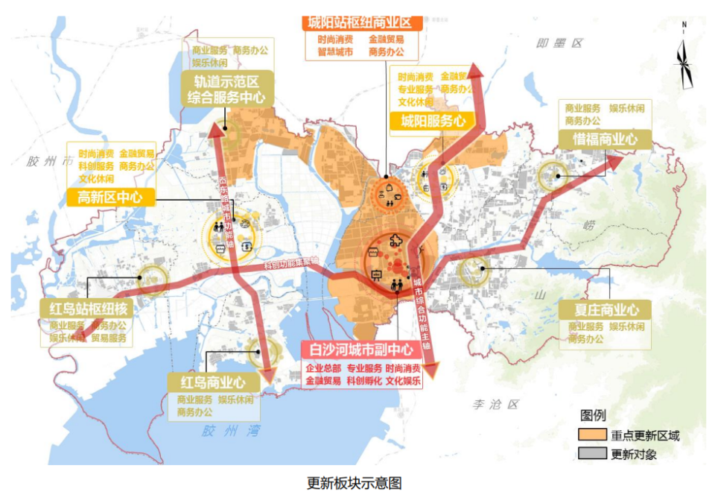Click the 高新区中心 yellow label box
110,198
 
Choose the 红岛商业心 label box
213,382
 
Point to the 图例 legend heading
593,415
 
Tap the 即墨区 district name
559,43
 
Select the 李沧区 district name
495,404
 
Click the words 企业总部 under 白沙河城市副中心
322,368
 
